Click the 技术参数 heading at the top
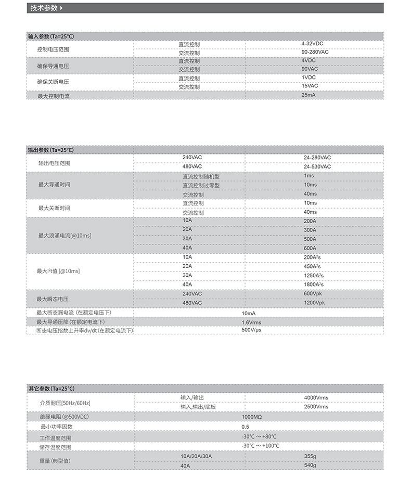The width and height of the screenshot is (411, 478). [x=44, y=8]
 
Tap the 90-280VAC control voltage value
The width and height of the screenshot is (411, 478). [x=315, y=52]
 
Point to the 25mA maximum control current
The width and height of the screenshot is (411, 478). [x=309, y=95]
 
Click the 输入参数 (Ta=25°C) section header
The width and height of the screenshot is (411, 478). [x=51, y=36]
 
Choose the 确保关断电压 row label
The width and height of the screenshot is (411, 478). [x=53, y=82]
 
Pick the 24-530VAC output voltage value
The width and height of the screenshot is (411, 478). [x=317, y=166]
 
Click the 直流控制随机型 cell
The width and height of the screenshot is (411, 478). [x=201, y=176]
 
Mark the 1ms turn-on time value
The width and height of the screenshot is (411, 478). [x=309, y=176]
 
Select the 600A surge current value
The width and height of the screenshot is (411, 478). [x=310, y=248]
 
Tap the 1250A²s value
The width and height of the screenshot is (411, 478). [x=314, y=275]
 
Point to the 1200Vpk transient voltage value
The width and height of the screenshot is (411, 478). [x=314, y=303]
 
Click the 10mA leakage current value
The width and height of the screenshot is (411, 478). [x=249, y=313]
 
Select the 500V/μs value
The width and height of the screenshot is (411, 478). [x=251, y=330]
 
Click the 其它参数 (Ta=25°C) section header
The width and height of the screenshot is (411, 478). [x=51, y=389]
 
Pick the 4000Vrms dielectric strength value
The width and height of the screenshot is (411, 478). [x=316, y=398]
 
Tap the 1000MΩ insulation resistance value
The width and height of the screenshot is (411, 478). [x=252, y=417]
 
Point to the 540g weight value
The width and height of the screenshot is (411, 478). [x=310, y=465]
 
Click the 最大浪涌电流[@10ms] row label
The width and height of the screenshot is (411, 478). [x=65, y=236]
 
